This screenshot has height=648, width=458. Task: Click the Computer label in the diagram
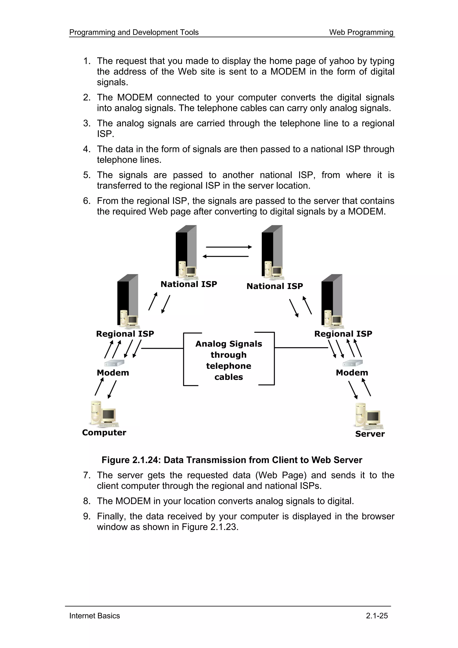[x=104, y=433]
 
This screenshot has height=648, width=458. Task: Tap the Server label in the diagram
[x=370, y=434]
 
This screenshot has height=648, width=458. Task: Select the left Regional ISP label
[x=125, y=334]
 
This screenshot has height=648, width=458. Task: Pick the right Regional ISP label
[x=343, y=334]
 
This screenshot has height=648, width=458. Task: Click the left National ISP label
[x=189, y=284]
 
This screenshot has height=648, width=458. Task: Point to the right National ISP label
[x=275, y=286]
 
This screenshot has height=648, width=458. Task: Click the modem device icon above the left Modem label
[x=114, y=363]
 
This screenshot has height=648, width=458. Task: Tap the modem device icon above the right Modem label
[x=352, y=363]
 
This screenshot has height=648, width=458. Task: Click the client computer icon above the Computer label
[x=103, y=414]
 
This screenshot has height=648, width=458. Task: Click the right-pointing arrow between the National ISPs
[x=229, y=247]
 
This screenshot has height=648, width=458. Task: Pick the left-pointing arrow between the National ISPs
[x=226, y=256]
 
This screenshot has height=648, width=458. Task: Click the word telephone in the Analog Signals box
[x=229, y=366]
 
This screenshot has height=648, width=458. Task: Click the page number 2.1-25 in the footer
[x=377, y=616]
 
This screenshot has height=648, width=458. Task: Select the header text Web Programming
[x=361, y=32]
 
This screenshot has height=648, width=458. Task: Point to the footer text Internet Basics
[x=95, y=616]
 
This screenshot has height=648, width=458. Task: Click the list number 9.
[x=86, y=516]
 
